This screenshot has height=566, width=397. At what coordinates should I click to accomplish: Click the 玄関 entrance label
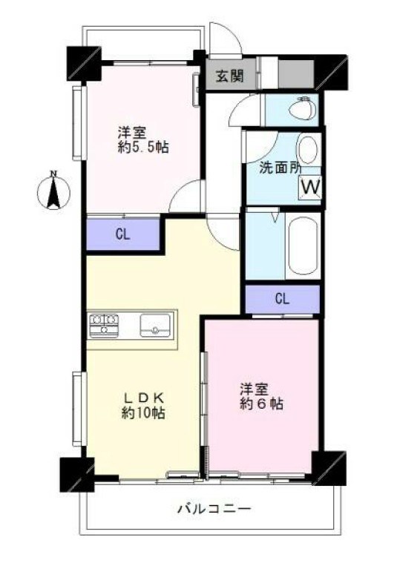coord(230,76)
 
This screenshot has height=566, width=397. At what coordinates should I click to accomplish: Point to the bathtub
coord(304,246)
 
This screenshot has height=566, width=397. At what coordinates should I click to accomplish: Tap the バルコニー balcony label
coord(214,510)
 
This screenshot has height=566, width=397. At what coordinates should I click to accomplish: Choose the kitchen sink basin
coord(154,324)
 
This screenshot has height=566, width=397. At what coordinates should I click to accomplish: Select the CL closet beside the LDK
coord(123,235)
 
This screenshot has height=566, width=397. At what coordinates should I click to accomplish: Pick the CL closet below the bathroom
coord(282,299)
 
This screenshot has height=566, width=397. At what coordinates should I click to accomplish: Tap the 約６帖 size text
coord(261,404)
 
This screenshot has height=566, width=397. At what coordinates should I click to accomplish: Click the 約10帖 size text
coord(142,414)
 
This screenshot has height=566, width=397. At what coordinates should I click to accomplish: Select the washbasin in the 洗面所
coord(307,150)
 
